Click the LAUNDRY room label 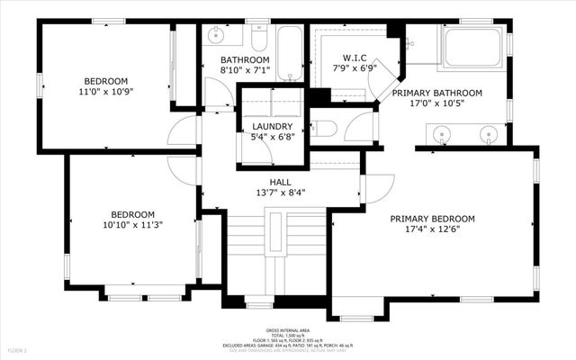coord(271,126)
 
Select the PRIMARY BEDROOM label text coord(432,219)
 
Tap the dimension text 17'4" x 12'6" coord(432,229)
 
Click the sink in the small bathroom coord(216,37)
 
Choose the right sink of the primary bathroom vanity coord(489,136)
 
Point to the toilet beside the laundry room coord(327,129)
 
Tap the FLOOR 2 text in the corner coord(19,349)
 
